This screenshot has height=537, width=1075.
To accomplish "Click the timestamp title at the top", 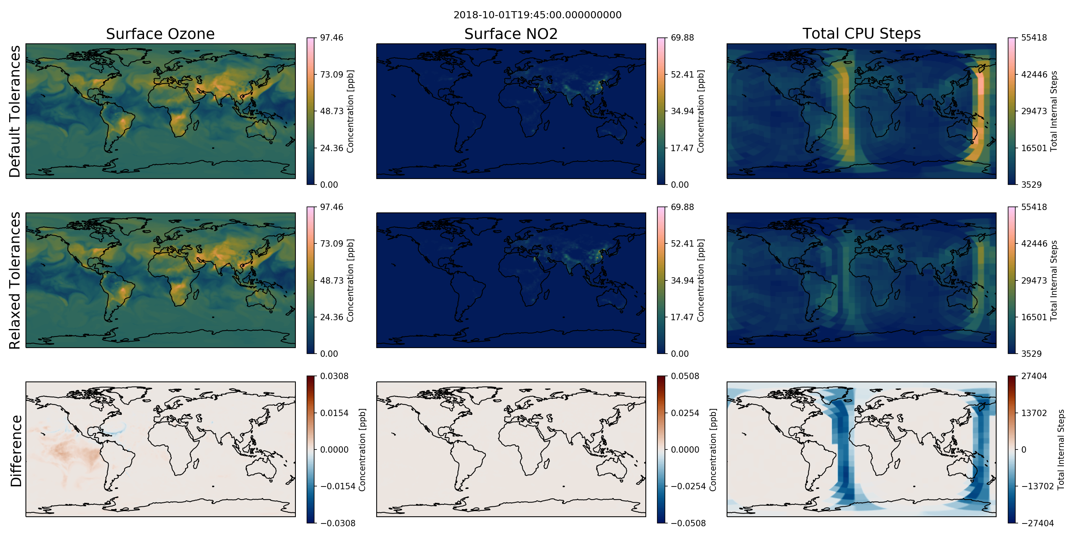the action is point(537,15).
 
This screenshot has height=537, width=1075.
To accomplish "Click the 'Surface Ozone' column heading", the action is point(160,34).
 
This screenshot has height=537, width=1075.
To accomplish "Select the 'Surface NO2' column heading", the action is point(511,34).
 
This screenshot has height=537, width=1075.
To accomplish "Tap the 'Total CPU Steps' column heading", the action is point(861,33).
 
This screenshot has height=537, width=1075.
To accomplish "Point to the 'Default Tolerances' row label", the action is point(15,111).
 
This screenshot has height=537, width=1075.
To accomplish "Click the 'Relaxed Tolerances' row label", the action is point(15,280).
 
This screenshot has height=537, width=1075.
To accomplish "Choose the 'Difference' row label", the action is point(16,451).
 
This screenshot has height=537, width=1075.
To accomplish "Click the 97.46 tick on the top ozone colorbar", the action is point(332,37).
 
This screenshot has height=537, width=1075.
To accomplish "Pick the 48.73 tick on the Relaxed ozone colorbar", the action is point(332,280).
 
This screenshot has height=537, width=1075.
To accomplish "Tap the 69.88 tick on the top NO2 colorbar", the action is point(682,37).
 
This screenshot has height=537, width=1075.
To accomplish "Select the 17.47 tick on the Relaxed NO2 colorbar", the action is point(682,317).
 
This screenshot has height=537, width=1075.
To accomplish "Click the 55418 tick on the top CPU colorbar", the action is point(1034,37).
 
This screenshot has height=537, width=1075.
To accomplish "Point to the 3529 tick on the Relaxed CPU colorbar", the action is point(1032,354).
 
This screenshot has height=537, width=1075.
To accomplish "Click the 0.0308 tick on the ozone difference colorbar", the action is point(334,376).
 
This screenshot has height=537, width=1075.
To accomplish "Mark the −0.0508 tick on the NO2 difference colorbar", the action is point(688,523).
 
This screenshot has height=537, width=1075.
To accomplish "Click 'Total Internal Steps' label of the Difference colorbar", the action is point(1061,450).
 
